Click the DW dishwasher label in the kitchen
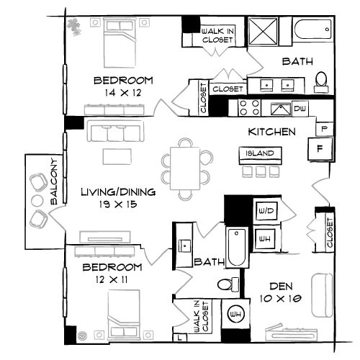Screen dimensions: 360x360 [x=300, y=109]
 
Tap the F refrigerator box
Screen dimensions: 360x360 [x=320, y=149]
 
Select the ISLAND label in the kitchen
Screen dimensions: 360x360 [x=260, y=153]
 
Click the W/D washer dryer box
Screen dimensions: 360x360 [x=266, y=211]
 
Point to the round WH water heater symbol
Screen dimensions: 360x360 [x=236, y=314]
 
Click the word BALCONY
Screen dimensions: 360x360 [x=55, y=181]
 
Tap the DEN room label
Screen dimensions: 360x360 [x=281, y=286]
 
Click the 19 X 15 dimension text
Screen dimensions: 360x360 [x=118, y=204]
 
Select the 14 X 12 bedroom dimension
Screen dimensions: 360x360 [x=123, y=93]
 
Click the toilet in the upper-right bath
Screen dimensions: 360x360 [x=321, y=82]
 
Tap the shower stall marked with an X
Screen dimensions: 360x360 [x=263, y=31]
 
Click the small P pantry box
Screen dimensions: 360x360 [x=324, y=129]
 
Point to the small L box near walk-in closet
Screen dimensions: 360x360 [x=179, y=338]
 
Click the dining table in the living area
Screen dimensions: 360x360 [x=185, y=168]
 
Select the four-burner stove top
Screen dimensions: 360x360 [x=250, y=107]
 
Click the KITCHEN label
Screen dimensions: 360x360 [x=271, y=132]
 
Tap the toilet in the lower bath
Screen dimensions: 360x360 [x=228, y=284]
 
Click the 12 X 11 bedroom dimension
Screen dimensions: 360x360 [x=112, y=279]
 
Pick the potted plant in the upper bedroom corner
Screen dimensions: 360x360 [x=74, y=27]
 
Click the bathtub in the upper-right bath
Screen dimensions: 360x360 [x=312, y=30]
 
